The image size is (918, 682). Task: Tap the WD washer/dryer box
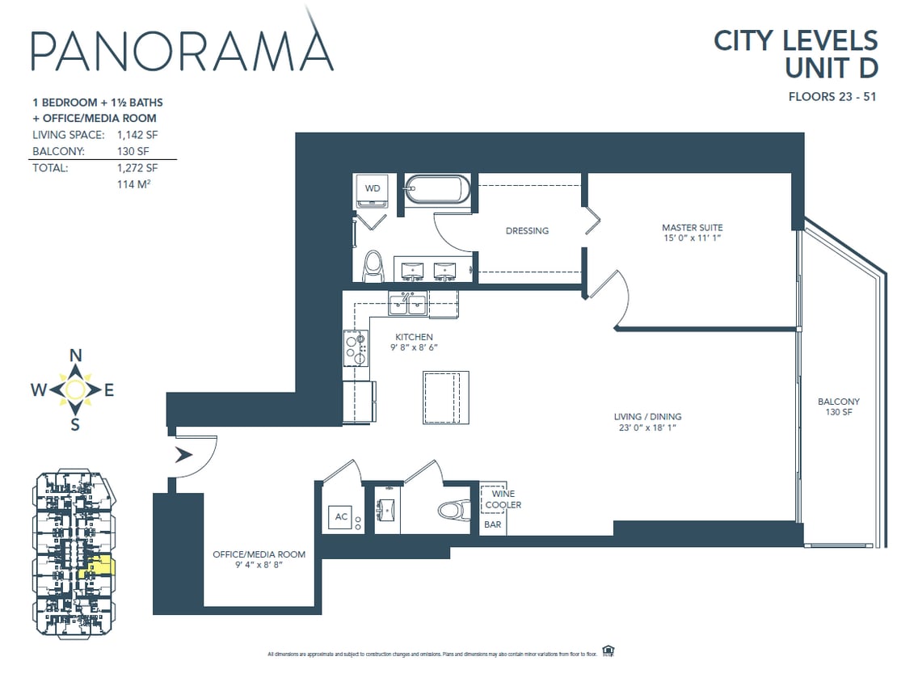point(373,189)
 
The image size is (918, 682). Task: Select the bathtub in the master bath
point(436,190)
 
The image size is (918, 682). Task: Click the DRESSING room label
point(527,231)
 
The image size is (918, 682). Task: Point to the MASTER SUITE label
point(692,228)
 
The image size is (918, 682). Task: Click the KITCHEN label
point(414,337)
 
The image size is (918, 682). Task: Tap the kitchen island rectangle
point(445,397)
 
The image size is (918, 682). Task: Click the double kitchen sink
point(408,304)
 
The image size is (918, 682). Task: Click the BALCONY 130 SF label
point(839,406)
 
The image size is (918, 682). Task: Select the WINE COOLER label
point(503,499)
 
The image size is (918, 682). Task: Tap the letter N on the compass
point(76,355)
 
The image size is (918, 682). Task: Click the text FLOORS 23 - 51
point(832,97)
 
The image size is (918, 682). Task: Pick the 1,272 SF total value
point(137,169)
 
